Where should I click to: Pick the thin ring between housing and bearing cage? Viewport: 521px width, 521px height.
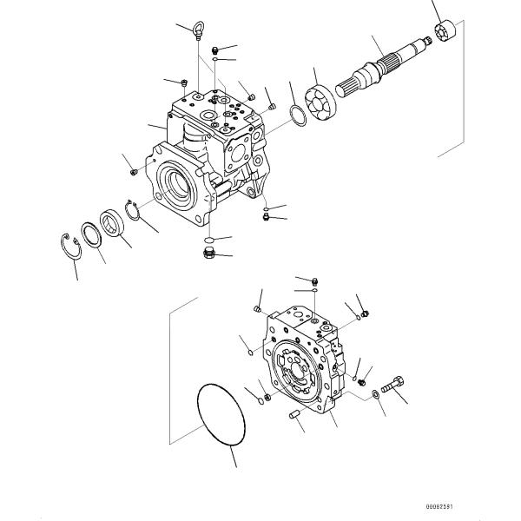[295, 115]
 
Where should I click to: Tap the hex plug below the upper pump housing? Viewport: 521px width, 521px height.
[208, 254]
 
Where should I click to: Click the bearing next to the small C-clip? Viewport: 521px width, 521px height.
[112, 222]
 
